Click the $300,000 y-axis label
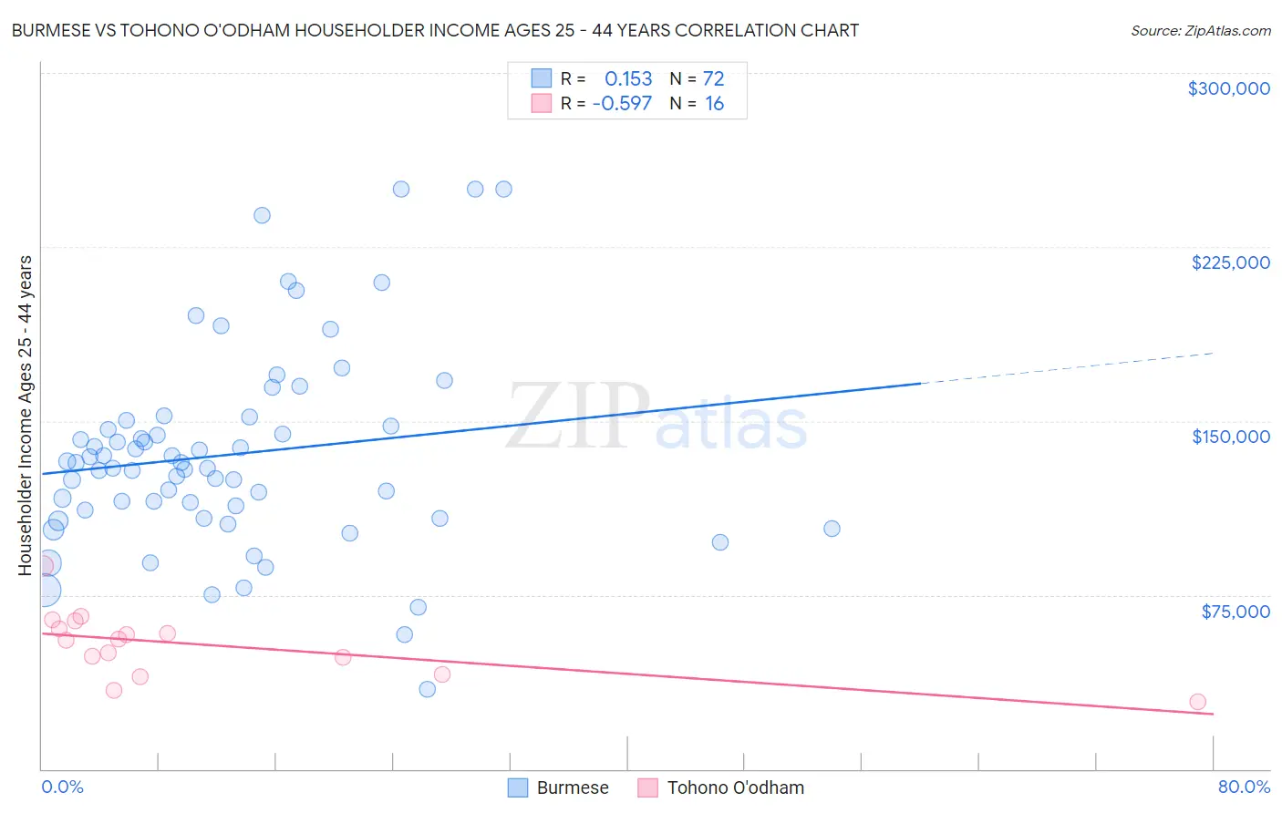point(1228,88)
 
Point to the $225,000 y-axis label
point(1230,262)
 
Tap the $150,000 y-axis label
point(1230,437)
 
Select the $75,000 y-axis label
point(1235,612)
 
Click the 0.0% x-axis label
point(62,787)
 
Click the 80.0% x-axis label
point(1244,787)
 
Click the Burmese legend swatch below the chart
point(518,787)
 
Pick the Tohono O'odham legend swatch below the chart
point(647,787)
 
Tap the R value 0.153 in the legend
point(628,79)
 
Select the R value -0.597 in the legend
point(622,104)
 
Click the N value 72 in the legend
point(713,79)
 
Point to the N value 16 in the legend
point(714,104)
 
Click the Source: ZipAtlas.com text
point(1200,31)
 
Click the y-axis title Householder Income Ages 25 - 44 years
point(25,415)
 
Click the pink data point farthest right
point(1197,702)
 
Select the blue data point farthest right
point(832,529)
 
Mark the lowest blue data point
point(427,689)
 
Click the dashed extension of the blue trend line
point(1067,368)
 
